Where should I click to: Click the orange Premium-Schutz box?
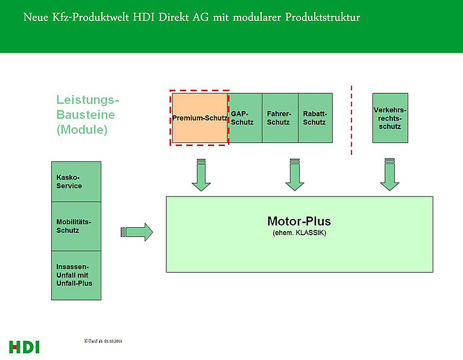pos(200,118)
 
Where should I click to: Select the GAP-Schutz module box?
pos(245,118)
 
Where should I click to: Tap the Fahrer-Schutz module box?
pos(280,118)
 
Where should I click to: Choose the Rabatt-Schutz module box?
pos(315,118)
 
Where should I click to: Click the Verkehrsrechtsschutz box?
pos(390,118)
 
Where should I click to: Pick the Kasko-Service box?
pos(76,182)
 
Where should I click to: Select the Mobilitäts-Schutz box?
pos(76,227)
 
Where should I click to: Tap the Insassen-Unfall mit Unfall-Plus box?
pos(76,276)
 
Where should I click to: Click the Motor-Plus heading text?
pos(299,221)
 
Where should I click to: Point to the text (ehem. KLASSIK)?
pos(300,233)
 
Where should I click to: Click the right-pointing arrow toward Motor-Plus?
pos(137,232)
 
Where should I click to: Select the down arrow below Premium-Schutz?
pos(201,175)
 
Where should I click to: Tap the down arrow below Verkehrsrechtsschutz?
pos(389,174)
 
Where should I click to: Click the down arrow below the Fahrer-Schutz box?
pos(295,174)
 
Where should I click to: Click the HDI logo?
pos(24,347)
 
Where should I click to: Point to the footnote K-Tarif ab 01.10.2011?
pos(103,341)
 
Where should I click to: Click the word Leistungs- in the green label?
pos(87,100)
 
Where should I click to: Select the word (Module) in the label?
pos(82,130)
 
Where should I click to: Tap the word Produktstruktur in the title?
pos(323,17)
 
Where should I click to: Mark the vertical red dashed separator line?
pos(351,120)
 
